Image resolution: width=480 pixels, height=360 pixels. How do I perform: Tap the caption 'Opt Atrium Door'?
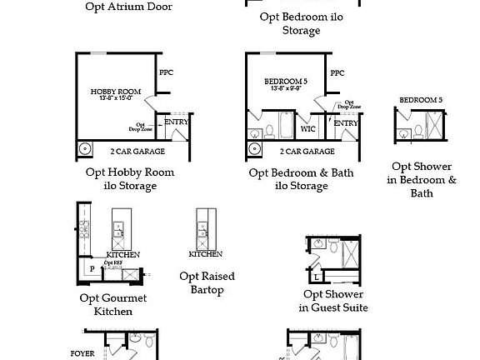tap(130, 7)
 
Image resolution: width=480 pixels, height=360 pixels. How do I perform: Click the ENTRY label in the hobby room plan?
tap(176, 122)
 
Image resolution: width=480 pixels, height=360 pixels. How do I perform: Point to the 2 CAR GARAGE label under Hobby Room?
tap(137, 152)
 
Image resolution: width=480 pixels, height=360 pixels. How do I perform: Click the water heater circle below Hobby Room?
tap(85, 150)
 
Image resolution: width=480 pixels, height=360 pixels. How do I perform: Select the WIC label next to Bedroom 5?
tap(307, 129)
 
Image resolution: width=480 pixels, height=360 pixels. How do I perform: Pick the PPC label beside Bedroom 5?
tap(337, 73)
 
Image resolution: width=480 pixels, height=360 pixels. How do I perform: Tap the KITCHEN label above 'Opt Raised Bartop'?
tap(206, 253)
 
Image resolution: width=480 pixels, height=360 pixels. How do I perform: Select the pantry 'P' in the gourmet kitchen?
tap(92, 268)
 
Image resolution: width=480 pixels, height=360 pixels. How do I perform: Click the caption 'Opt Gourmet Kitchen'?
tap(112, 304)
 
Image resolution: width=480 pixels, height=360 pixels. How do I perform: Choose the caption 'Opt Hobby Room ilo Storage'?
tap(131, 178)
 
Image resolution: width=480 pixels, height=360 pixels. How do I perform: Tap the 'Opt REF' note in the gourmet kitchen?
tap(112, 262)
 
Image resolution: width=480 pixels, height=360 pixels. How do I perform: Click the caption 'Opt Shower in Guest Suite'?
tap(333, 301)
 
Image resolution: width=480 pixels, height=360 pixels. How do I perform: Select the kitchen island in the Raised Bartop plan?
tap(202, 225)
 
